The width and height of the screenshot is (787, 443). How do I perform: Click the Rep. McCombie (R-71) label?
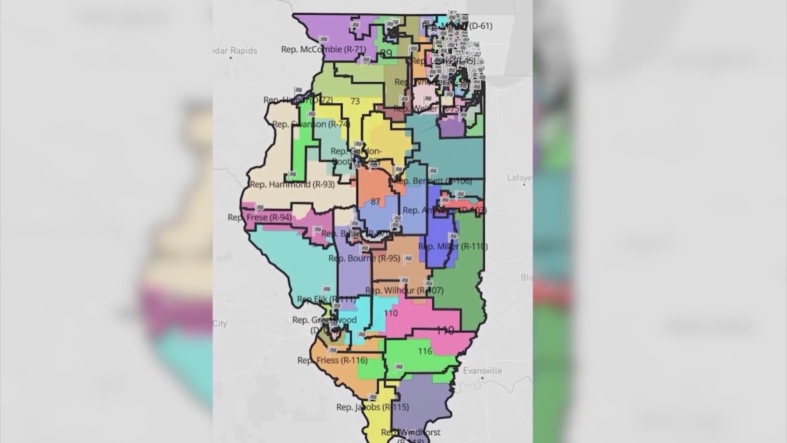pyautogui.click(x=323, y=49)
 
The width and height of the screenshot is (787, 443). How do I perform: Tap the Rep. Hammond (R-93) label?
pyautogui.click(x=292, y=185)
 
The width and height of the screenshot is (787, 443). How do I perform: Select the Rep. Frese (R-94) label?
pyautogui.click(x=259, y=217)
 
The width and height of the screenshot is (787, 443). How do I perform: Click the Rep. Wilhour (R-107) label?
pyautogui.click(x=404, y=291)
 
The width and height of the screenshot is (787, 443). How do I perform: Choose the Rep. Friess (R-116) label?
pyautogui.click(x=332, y=361)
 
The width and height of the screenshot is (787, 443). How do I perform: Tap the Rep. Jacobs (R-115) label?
pyautogui.click(x=372, y=407)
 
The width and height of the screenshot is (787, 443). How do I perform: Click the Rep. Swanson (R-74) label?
pyautogui.click(x=311, y=124)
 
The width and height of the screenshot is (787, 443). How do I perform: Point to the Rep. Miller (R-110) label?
pyautogui.click(x=453, y=247)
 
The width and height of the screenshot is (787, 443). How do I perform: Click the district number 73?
pyautogui.click(x=355, y=101)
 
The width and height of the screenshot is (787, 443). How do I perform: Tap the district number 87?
pyautogui.click(x=375, y=202)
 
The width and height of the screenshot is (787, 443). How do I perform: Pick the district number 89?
pyautogui.click(x=386, y=53)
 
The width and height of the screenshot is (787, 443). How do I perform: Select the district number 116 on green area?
pyautogui.click(x=425, y=351)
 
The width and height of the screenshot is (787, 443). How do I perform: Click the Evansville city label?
pyautogui.click(x=482, y=370)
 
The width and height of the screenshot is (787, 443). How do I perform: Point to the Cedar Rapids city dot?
pyautogui.click(x=231, y=58)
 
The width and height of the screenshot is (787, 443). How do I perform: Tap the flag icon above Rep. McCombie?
pyautogui.click(x=324, y=40)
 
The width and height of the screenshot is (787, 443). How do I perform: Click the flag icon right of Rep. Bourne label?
pyautogui.click(x=408, y=259)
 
